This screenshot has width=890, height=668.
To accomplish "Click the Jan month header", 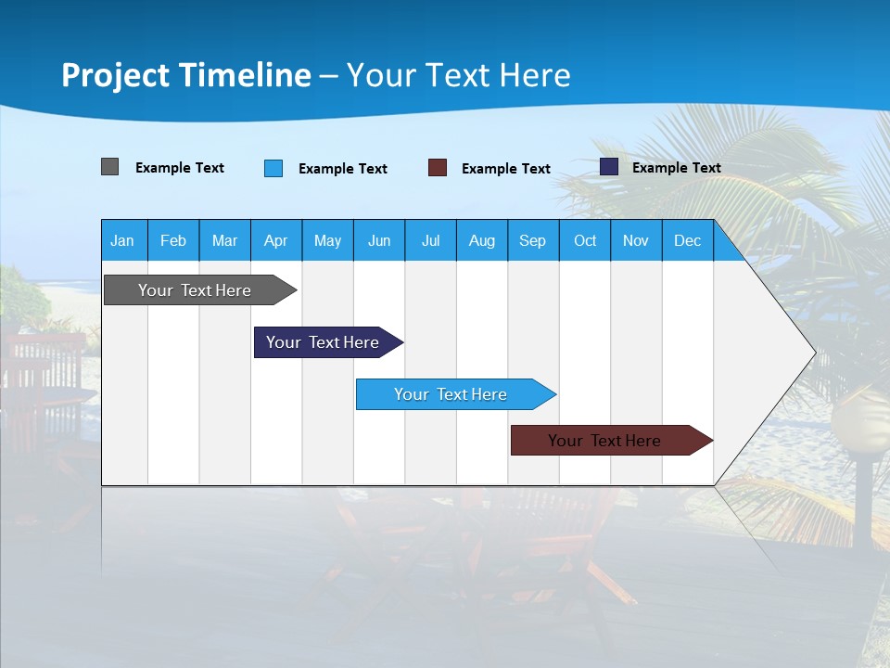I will point(123,240).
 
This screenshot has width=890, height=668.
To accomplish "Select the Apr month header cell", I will point(276,240).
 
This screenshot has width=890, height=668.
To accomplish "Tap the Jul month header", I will point(430,240).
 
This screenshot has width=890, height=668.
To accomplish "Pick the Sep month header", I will point(532,240).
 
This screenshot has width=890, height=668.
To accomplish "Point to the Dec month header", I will point(687,240).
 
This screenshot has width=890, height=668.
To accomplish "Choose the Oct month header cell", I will point(585,240).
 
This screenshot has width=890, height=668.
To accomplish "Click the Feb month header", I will point(173,240).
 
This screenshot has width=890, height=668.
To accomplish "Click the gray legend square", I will point(110,167).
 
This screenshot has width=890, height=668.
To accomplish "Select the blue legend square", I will point(273,168).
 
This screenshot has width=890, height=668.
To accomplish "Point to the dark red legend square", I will point(438,168).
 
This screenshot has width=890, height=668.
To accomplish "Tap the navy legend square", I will point(609,167).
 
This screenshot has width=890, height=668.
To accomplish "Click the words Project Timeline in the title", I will point(186,75).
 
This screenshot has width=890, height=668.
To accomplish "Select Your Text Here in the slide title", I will point(459,75).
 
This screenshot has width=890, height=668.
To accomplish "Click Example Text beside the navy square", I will point(676,168).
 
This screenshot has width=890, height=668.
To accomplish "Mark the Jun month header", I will point(379,240).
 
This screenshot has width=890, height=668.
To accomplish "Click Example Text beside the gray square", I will point(180,168).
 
